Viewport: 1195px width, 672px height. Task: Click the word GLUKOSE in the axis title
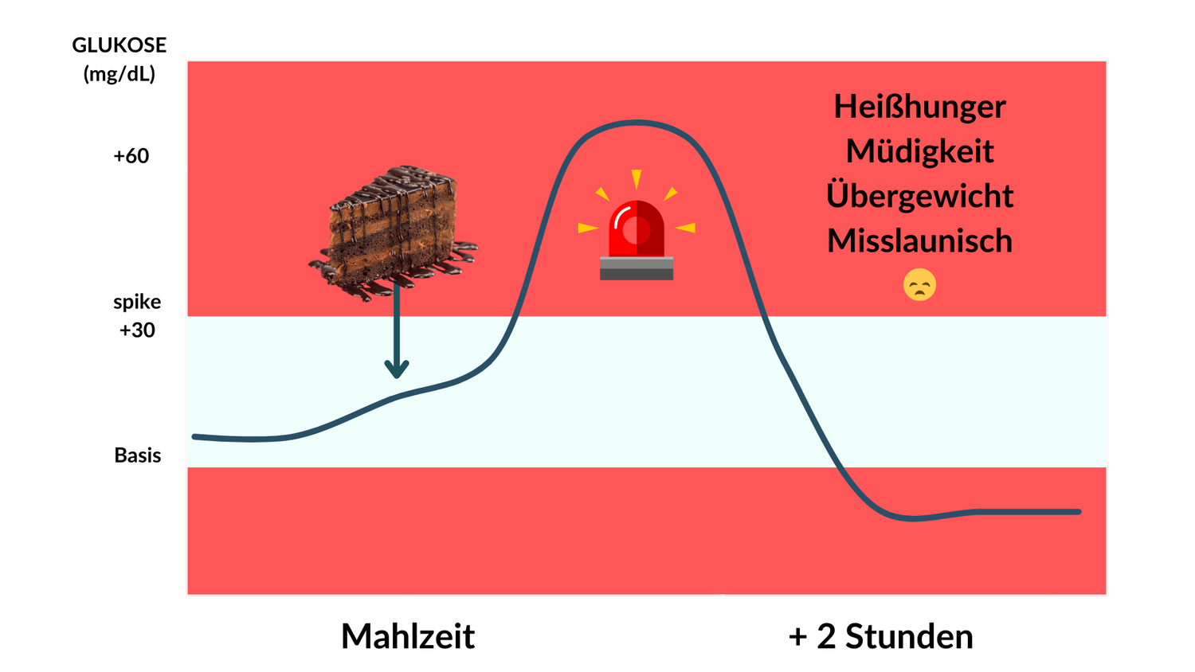pos(119,45)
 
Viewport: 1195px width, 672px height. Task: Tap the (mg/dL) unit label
pos(119,73)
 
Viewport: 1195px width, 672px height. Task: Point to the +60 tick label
pos(131,156)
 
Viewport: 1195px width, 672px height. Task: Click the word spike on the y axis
pos(137,303)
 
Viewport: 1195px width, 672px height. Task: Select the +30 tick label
pos(137,330)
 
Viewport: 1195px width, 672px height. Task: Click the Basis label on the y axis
pos(138,455)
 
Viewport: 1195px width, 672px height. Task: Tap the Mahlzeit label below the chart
pos(408,635)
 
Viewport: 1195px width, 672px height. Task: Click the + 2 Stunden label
pos(881,636)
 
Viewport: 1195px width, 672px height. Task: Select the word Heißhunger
pos(919,107)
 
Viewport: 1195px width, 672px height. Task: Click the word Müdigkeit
pos(919,151)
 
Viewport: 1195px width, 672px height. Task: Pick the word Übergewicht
pos(919,195)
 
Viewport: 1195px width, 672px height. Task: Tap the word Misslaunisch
pos(919,240)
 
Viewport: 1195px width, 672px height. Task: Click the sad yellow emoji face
pos(919,285)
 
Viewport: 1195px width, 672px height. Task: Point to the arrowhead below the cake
pos(397,369)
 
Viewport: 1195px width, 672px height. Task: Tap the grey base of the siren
pos(637,268)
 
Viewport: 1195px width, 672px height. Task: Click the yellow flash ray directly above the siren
pos(637,178)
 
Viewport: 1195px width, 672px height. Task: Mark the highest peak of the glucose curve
pos(637,123)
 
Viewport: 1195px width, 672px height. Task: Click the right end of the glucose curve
pos(1079,512)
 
